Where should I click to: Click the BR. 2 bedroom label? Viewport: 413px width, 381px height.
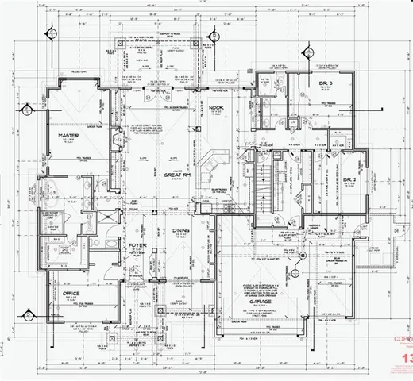click(x=350, y=179)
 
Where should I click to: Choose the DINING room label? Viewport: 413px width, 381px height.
click(x=182, y=232)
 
